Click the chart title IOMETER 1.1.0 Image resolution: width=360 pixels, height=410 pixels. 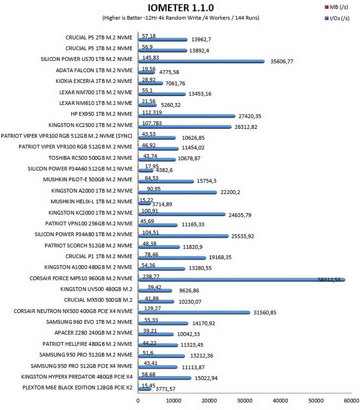click(x=180, y=8)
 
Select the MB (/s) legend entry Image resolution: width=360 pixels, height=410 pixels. click(x=336, y=7)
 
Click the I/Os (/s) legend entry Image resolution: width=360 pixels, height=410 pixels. click(x=337, y=18)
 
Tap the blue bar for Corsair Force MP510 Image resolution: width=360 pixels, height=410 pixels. click(x=241, y=280)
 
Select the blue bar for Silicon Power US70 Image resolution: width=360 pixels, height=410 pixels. click(x=201, y=61)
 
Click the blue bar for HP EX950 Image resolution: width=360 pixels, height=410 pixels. click(x=186, y=116)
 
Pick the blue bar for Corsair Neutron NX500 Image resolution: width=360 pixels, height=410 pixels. click(x=194, y=313)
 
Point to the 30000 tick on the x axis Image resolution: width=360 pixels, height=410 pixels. click(x=244, y=401)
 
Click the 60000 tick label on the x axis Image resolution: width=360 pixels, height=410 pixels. click(x=351, y=401)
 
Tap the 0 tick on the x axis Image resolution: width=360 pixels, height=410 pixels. click(x=138, y=401)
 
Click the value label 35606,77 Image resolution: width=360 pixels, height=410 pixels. click(x=281, y=61)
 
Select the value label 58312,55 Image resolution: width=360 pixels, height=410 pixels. click(x=329, y=280)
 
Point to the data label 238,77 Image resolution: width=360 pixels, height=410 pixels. click(x=151, y=276)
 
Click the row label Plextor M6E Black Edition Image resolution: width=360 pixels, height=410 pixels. click(x=77, y=388)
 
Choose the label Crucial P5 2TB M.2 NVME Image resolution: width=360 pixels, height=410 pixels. click(x=98, y=37)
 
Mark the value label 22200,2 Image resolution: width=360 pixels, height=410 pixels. click(x=230, y=192)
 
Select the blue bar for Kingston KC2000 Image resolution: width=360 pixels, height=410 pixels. click(x=181, y=214)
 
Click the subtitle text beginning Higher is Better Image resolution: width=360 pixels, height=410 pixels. click(x=180, y=18)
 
